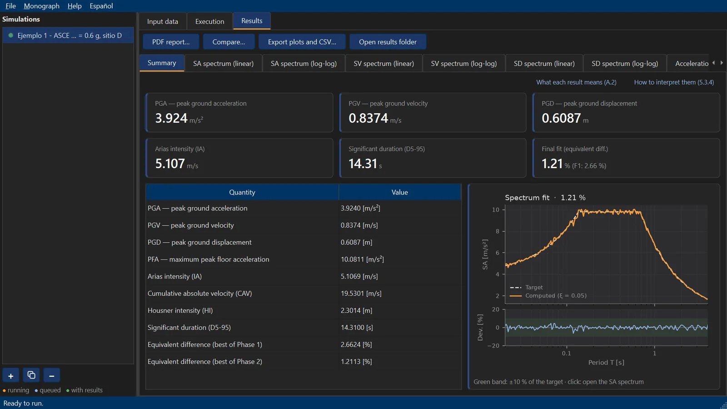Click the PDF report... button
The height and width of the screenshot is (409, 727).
click(171, 42)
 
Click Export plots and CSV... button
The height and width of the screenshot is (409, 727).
click(302, 42)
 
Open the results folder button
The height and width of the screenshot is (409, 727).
click(388, 42)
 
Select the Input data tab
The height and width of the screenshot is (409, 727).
click(163, 21)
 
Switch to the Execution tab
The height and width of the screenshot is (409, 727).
click(209, 21)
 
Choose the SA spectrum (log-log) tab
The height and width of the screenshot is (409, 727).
click(304, 63)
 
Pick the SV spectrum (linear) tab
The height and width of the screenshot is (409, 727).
click(383, 63)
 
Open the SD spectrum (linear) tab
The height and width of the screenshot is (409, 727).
click(544, 63)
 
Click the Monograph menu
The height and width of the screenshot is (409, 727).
click(41, 6)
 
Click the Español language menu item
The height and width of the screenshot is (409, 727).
click(101, 6)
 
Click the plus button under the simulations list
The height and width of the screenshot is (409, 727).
click(11, 375)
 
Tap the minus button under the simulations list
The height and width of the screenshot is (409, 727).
click(52, 375)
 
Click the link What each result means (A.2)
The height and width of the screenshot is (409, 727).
click(576, 82)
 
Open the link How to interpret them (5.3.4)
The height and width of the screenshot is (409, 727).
click(674, 82)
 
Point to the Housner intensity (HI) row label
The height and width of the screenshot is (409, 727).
click(180, 310)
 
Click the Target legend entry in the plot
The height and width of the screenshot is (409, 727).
click(534, 287)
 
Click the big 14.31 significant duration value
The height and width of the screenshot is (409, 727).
click(363, 164)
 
